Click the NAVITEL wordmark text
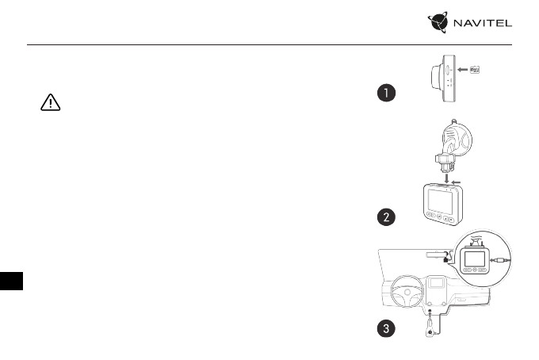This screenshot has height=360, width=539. tap(483, 24)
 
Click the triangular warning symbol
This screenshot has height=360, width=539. tap(50, 105)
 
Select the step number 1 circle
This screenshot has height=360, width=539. tap(385, 94)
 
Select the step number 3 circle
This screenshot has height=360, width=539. tap(385, 330)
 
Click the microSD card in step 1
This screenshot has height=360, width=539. tap(477, 69)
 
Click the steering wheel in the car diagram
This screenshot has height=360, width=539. tap(406, 296)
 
